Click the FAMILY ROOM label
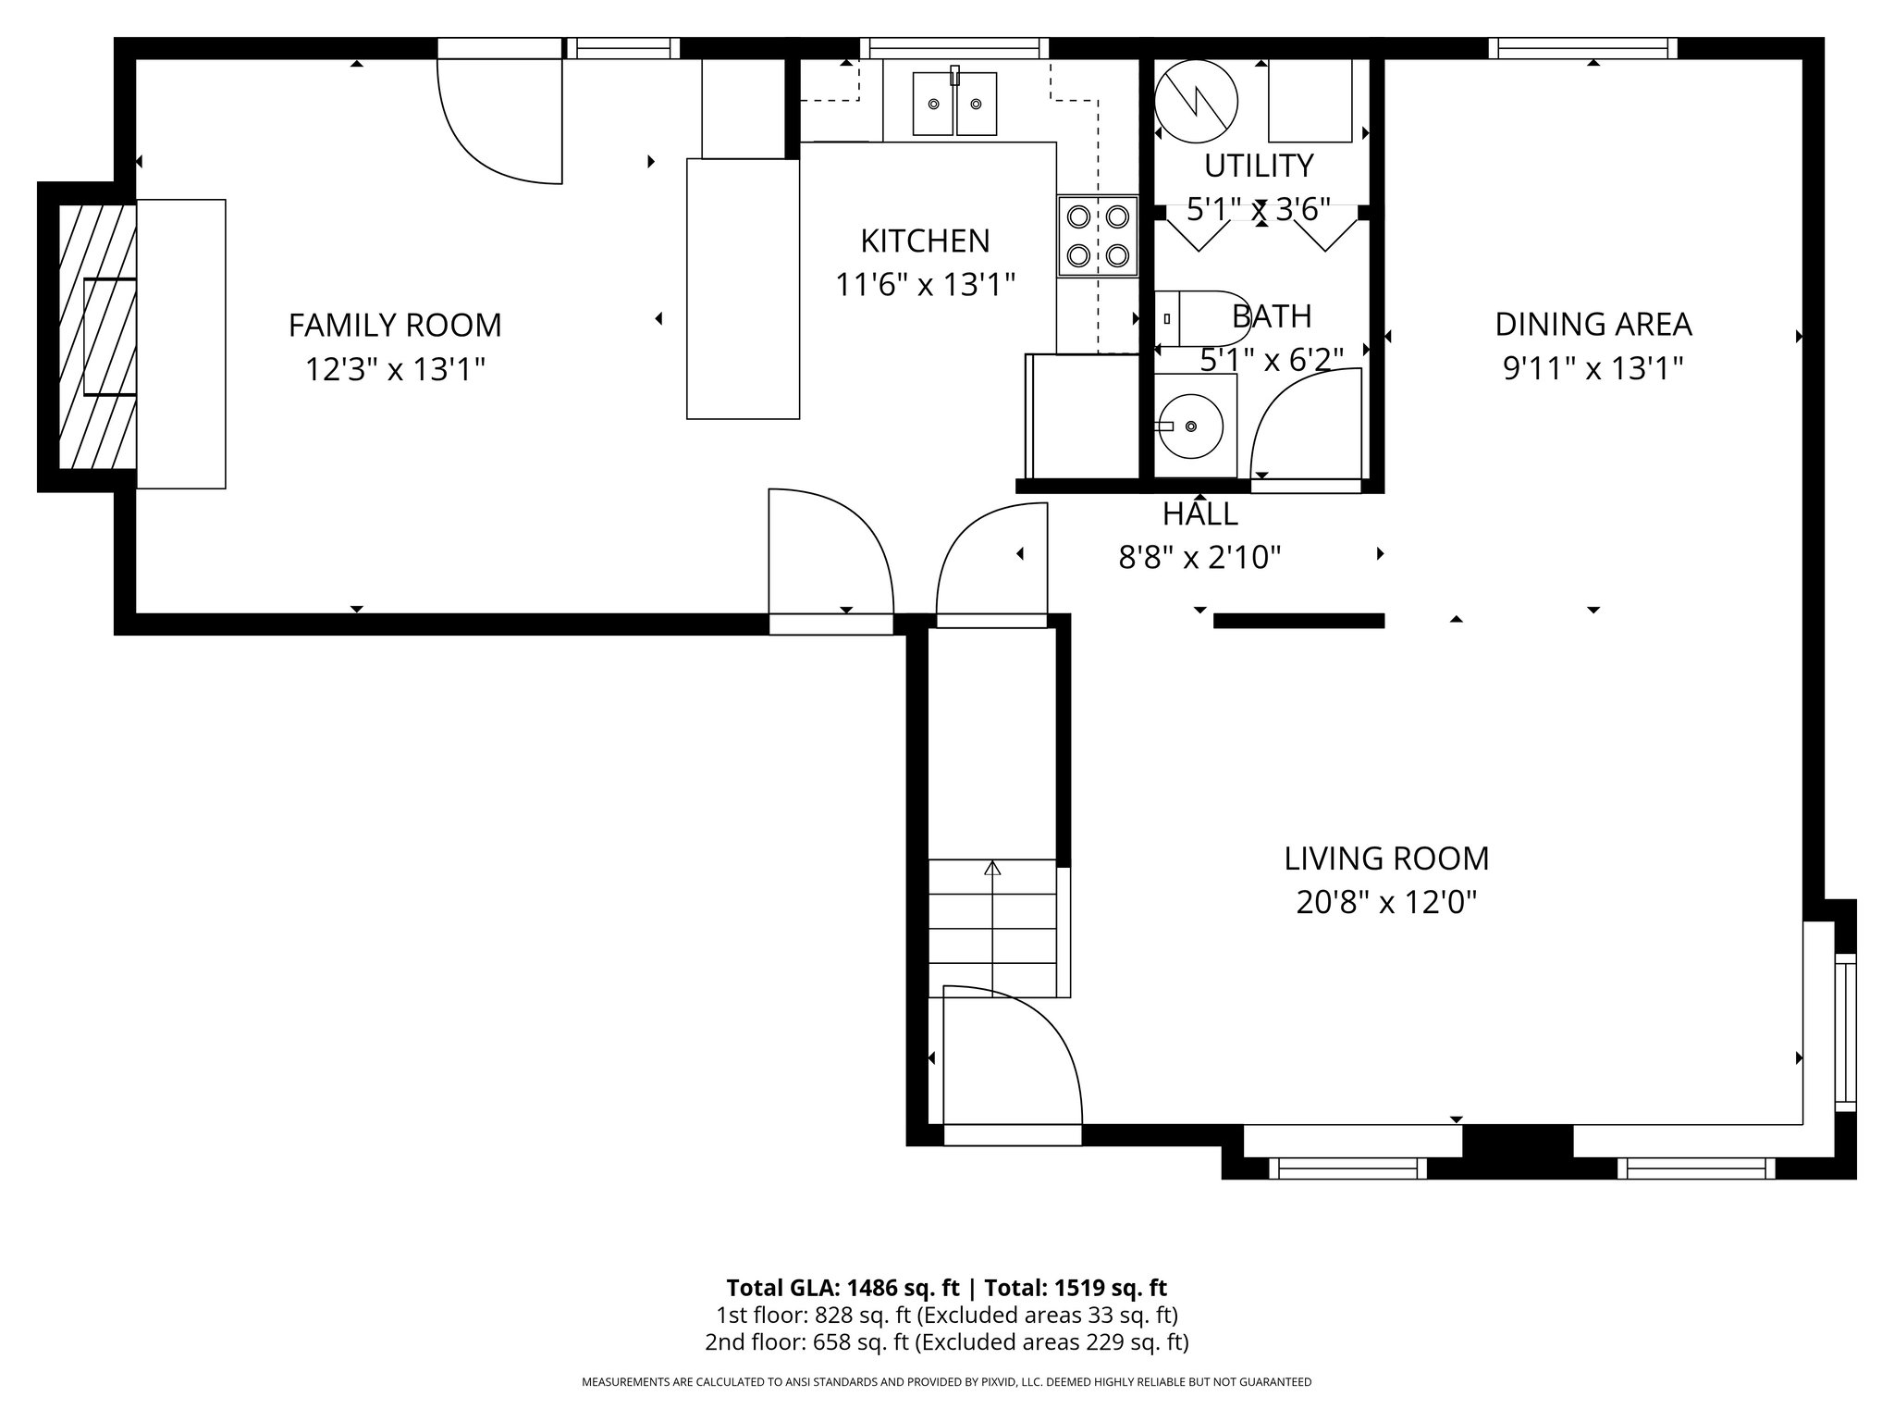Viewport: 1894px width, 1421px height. point(395,326)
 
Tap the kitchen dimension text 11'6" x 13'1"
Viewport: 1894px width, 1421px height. point(925,284)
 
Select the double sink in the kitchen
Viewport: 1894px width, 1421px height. point(954,104)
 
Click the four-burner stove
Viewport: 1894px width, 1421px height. point(1098,236)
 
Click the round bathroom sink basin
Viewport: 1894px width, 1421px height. point(1192,426)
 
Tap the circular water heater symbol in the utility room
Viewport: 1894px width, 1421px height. point(1197,101)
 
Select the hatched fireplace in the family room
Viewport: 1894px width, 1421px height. point(97,337)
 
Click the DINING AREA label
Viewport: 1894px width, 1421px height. point(1593,325)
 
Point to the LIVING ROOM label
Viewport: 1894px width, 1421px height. point(1386,859)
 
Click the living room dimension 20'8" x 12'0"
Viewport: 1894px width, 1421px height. point(1386,902)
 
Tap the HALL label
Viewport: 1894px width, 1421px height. point(1199,513)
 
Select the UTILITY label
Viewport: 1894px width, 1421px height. point(1259,166)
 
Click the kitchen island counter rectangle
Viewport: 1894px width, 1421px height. point(743,289)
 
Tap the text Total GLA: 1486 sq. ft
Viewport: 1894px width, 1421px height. point(844,1288)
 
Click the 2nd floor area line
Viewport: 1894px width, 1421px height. point(947,1342)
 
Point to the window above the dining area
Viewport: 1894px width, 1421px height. point(1583,48)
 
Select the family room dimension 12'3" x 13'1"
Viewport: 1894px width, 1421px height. point(395,370)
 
